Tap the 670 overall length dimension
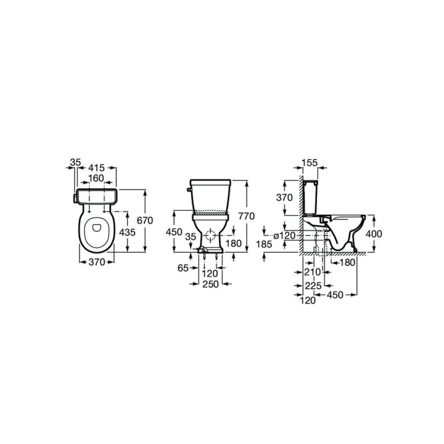tap(162, 220)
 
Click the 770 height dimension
tap(246, 216)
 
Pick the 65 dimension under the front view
tap(182, 269)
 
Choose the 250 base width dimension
tap(212, 284)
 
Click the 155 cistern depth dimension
tap(310, 163)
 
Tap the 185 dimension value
tap(263, 244)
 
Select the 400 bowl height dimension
tap(374, 234)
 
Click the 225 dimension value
tap(313, 286)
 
